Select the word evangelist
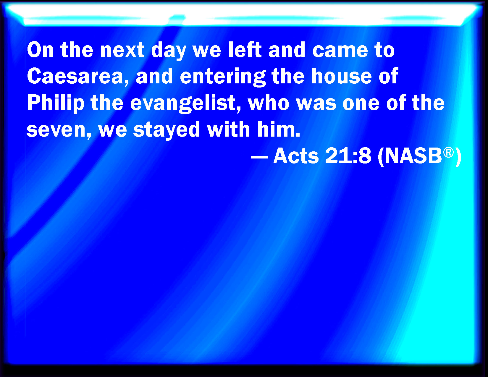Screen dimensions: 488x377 [185, 103]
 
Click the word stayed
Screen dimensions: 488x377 [167, 129]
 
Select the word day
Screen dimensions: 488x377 [169, 51]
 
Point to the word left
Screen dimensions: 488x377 [245, 50]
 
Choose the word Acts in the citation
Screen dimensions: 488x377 [296, 156]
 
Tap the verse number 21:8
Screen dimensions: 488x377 [348, 156]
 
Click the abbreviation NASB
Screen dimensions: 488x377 [413, 156]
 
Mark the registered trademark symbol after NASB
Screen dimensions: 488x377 [448, 153]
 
